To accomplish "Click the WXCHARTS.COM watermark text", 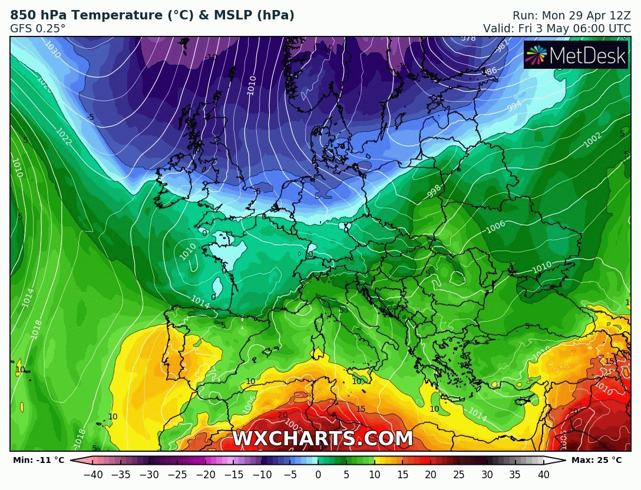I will (322, 439).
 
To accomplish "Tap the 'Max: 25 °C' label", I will (596, 460).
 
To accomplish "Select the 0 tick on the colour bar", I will (318, 474).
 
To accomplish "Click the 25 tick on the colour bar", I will (459, 474).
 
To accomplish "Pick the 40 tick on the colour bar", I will (543, 474).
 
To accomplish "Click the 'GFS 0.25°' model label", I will (38, 28).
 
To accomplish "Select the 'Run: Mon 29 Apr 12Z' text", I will (571, 15).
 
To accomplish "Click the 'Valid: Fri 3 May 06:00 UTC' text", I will (557, 28).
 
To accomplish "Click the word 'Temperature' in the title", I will (112, 15).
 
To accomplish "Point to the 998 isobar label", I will (435, 191).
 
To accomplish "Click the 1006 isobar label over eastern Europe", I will (495, 225).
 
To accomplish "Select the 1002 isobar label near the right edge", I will (592, 141).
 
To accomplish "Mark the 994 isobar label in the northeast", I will (514, 106).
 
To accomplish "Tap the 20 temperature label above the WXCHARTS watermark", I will (283, 415).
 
